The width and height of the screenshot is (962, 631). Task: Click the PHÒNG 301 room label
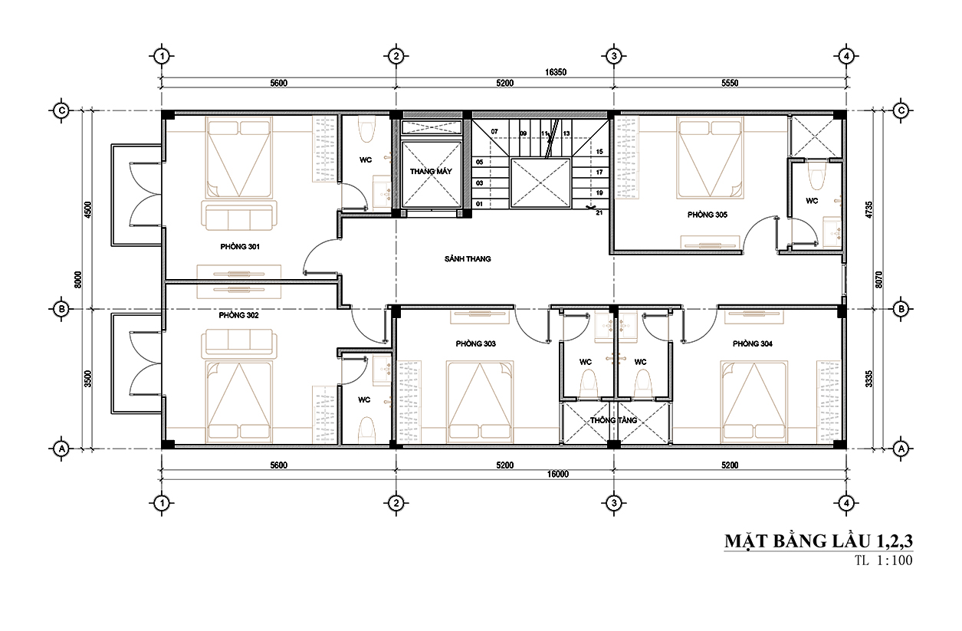[x=240, y=247]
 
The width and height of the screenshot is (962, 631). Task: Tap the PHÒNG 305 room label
[x=708, y=215]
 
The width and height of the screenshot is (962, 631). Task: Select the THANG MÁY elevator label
[x=431, y=172]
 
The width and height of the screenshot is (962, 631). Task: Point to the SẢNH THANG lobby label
[x=468, y=258]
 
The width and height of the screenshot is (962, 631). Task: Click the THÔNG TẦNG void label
[x=613, y=420]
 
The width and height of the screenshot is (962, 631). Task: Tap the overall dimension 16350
[x=556, y=72]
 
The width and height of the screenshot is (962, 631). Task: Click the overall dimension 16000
[x=558, y=474]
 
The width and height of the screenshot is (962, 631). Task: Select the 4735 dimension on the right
[x=869, y=211]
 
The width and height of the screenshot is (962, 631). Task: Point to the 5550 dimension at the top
[x=730, y=83]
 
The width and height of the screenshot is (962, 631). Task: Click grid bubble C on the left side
[x=61, y=111]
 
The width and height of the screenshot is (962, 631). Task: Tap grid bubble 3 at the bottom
[x=614, y=503]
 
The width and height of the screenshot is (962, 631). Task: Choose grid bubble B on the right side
[x=901, y=309]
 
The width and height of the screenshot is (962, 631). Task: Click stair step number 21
[x=599, y=212]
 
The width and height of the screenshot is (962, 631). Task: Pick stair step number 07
[x=494, y=131]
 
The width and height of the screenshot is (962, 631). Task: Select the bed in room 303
[x=479, y=402]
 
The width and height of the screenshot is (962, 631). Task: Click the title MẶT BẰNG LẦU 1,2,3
[x=819, y=541]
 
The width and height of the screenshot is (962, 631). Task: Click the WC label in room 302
[x=364, y=400]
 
